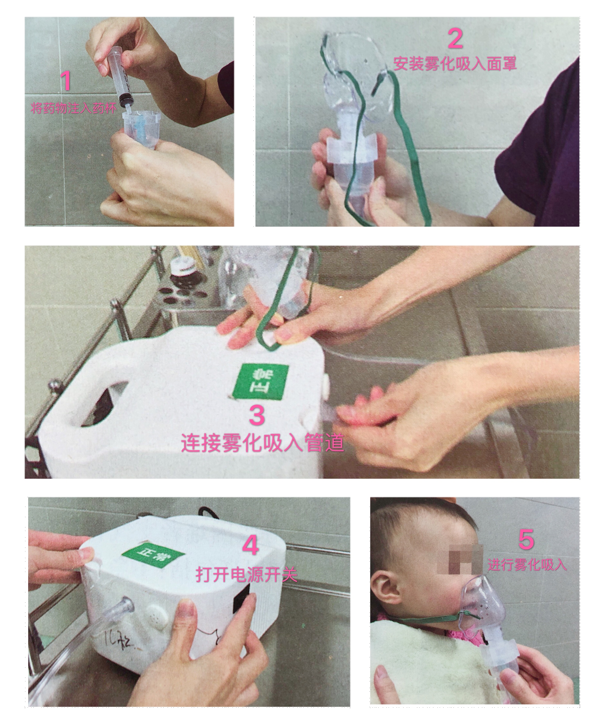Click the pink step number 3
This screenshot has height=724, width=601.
pyautogui.click(x=257, y=414)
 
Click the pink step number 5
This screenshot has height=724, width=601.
pyautogui.click(x=526, y=539)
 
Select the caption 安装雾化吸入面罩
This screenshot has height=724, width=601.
pyautogui.click(x=455, y=64)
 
